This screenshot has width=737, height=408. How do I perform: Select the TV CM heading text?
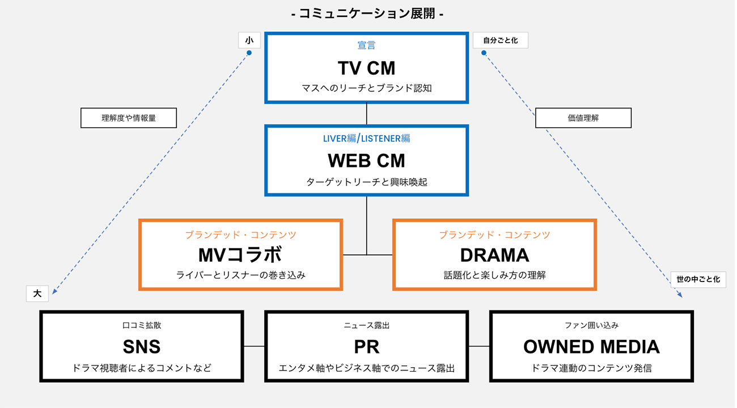click(367, 68)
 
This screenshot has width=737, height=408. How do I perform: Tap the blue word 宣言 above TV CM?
click(367, 45)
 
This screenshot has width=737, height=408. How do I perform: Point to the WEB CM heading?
click(367, 161)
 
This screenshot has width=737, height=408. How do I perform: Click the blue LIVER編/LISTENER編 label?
click(367, 138)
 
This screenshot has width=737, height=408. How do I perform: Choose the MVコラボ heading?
click(240, 255)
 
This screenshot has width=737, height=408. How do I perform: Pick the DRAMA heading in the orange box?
click(494, 255)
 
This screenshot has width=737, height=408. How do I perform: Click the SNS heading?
click(142, 347)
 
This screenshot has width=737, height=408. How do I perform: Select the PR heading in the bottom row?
click(367, 347)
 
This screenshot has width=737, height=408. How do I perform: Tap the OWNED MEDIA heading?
click(591, 347)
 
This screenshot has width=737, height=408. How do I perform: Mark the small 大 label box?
click(37, 293)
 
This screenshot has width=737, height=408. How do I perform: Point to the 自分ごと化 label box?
click(501, 40)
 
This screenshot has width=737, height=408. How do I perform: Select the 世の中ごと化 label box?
click(698, 280)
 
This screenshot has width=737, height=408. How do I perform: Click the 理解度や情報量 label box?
click(129, 118)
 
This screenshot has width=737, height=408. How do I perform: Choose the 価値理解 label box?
click(583, 118)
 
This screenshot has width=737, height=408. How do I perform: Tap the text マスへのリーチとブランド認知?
click(367, 88)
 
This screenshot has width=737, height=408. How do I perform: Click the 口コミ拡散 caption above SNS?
click(142, 326)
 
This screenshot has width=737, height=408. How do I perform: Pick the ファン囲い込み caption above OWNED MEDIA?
click(591, 326)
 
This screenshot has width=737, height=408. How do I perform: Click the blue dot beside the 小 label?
click(249, 53)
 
